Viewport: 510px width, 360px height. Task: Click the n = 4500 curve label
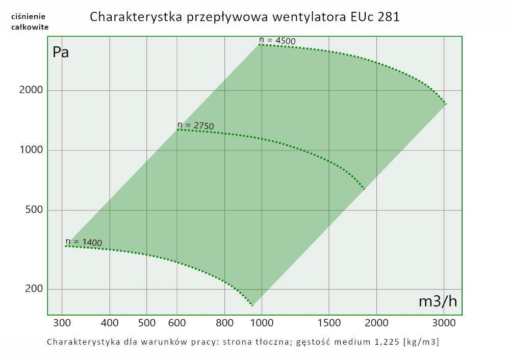pyautogui.click(x=277, y=40)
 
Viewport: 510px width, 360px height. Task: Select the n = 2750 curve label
pyautogui.click(x=195, y=125)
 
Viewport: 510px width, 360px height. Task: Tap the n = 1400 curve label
pyautogui.click(x=84, y=242)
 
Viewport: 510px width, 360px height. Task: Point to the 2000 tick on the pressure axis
pyautogui.click(x=32, y=90)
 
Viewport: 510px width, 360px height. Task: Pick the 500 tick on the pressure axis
pyautogui.click(x=34, y=211)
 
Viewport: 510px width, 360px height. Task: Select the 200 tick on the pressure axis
pyautogui.click(x=34, y=289)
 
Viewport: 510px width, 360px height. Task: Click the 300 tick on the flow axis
pyautogui.click(x=62, y=323)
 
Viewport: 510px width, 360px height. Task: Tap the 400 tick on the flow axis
pyautogui.click(x=110, y=323)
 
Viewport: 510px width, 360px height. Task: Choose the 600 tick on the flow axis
pyautogui.click(x=177, y=323)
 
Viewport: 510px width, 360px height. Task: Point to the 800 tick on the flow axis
pyautogui.click(x=225, y=323)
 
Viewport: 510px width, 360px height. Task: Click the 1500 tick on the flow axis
pyautogui.click(x=329, y=323)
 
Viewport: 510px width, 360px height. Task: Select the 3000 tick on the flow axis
pyautogui.click(x=444, y=323)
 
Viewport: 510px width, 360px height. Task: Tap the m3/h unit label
pyautogui.click(x=438, y=301)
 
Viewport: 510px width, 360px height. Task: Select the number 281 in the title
pyautogui.click(x=389, y=16)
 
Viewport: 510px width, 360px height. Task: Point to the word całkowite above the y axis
pyautogui.click(x=30, y=27)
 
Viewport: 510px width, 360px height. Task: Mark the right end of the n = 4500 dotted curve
pyautogui.click(x=446, y=104)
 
